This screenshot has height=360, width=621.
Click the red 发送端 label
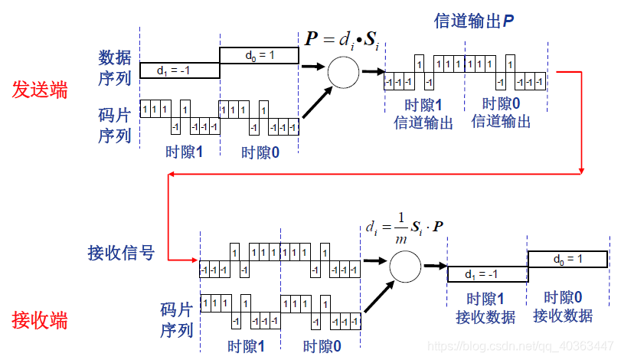(x=39, y=90)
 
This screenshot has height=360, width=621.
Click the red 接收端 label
(x=39, y=319)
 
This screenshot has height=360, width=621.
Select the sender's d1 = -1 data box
(x=179, y=70)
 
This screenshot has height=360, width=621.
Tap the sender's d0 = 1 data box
(x=259, y=55)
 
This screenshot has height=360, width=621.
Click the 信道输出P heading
(x=473, y=21)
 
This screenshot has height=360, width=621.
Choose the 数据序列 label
(x=115, y=67)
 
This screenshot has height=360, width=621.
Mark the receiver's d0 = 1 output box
(x=567, y=260)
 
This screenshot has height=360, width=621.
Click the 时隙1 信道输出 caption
(x=423, y=113)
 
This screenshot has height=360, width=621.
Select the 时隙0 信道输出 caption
(x=501, y=113)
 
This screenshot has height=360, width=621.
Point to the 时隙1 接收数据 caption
(x=485, y=308)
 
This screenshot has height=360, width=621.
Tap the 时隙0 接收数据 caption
(x=563, y=306)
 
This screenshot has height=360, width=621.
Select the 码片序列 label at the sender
(x=115, y=124)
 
